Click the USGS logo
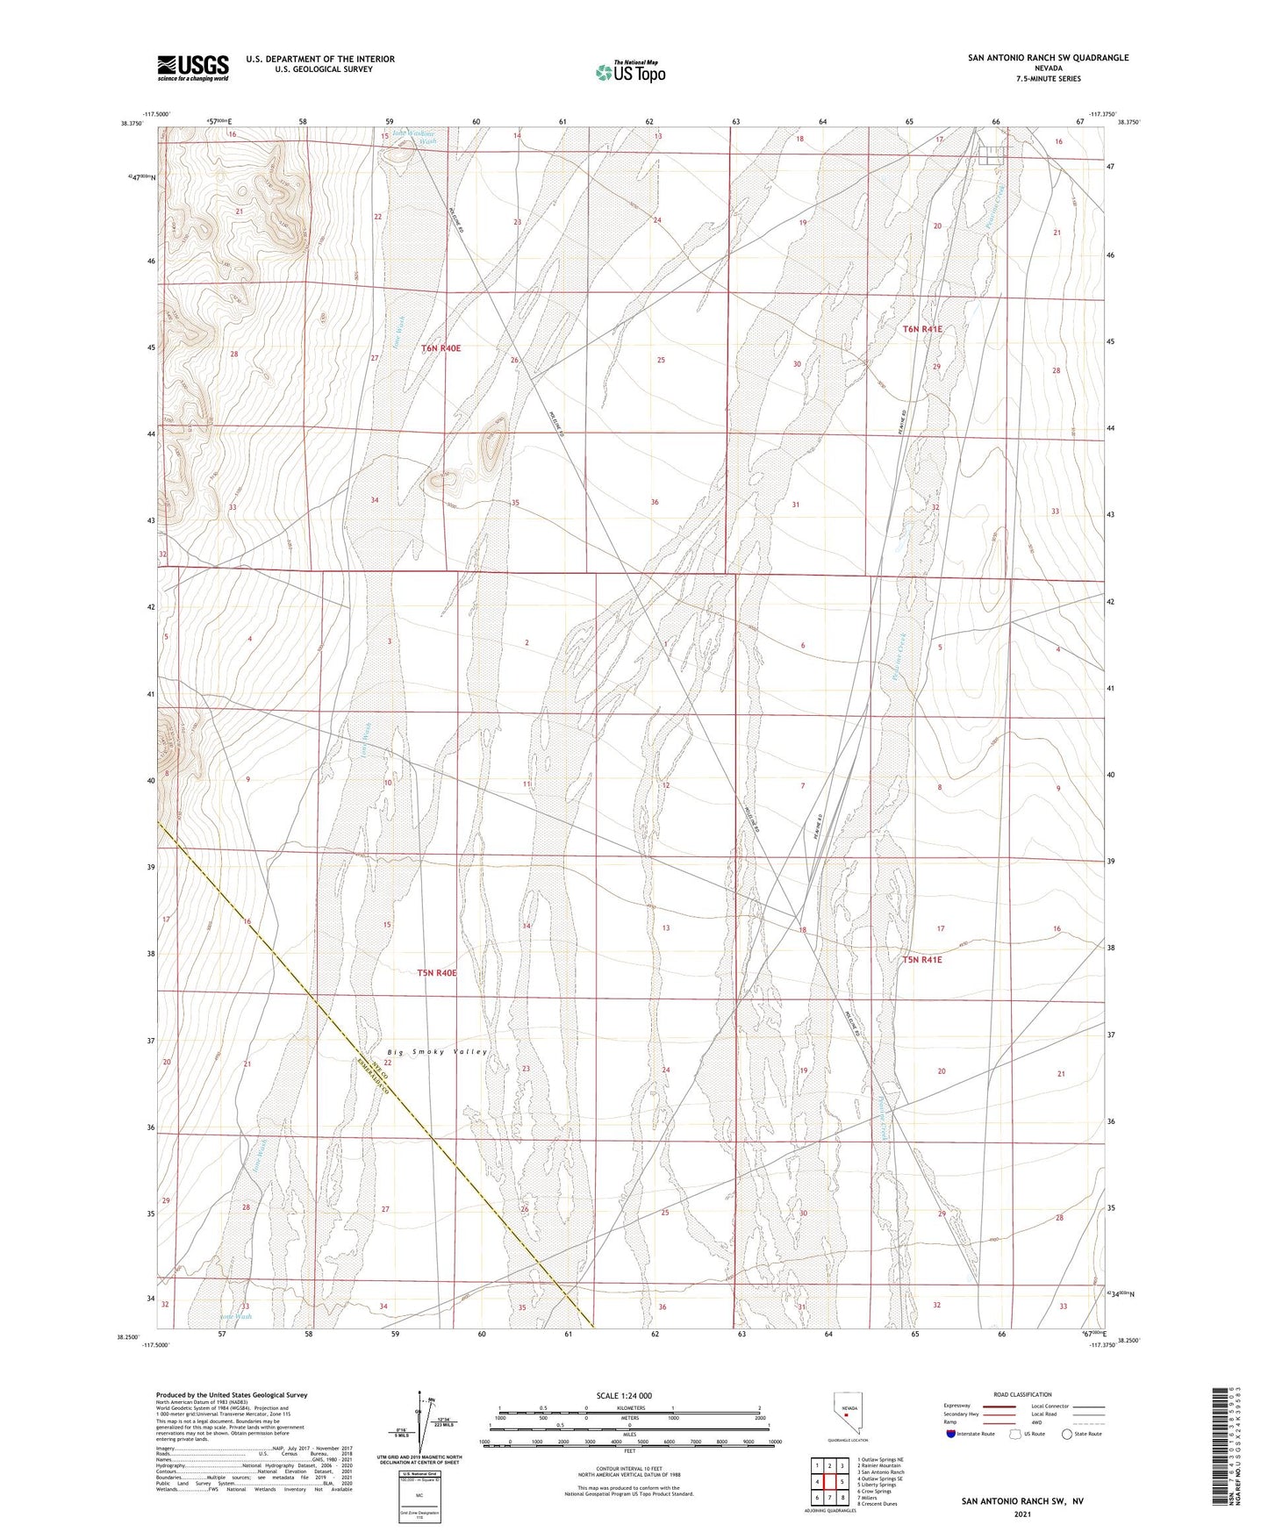(x=193, y=68)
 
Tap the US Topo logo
(x=629, y=72)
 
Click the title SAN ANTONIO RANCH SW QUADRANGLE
(x=1048, y=58)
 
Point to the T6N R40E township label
(x=441, y=348)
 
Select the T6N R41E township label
(x=922, y=329)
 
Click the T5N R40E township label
(x=437, y=973)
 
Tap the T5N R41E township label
(x=921, y=960)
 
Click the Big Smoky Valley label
(x=437, y=1051)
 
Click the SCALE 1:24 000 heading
(x=624, y=1395)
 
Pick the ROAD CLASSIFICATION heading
(x=1022, y=1394)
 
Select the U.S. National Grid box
(x=419, y=1493)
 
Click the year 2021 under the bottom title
(x=1021, y=1514)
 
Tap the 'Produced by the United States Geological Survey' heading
(x=232, y=1394)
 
